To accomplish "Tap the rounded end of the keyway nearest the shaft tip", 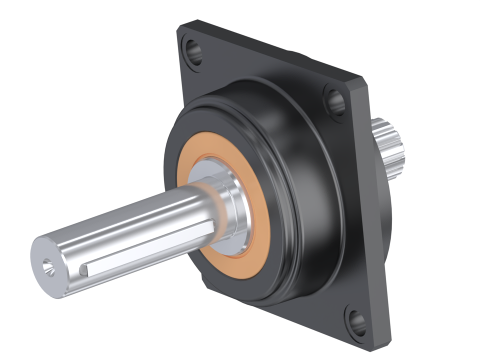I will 84,270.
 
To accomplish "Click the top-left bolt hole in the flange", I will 194,51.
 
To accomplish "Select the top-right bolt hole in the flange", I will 334,100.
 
